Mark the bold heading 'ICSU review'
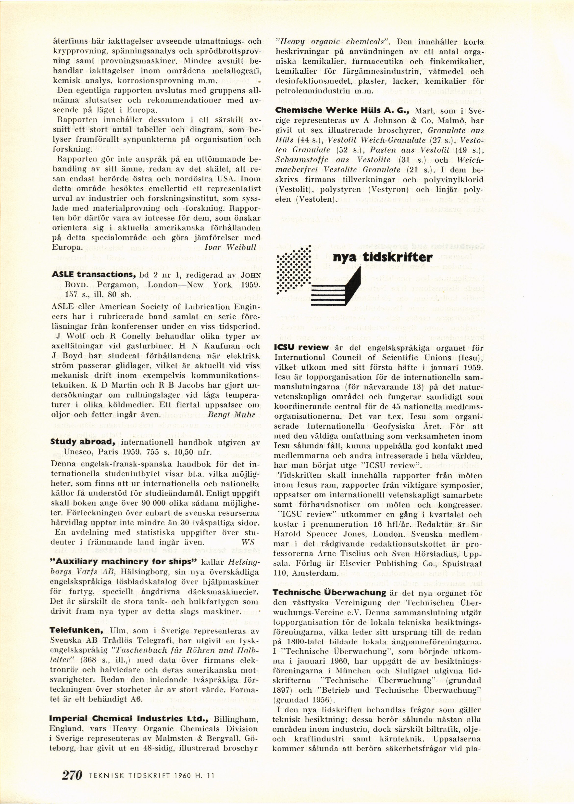(301, 347)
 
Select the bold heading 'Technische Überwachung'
(329, 593)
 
